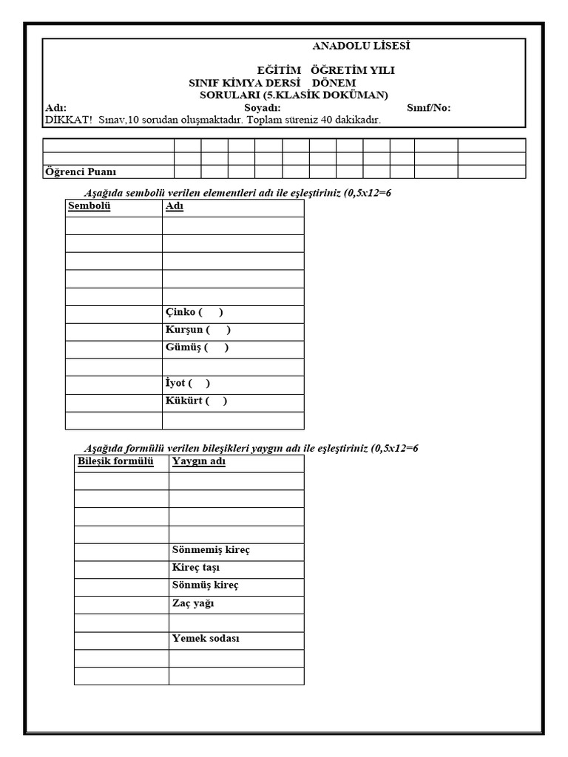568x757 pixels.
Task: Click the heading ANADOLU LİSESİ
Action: [361, 46]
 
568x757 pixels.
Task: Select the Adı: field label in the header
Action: [56, 108]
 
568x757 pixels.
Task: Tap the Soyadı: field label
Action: [263, 108]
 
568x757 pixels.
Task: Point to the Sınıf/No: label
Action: [429, 108]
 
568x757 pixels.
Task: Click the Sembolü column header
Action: [89, 206]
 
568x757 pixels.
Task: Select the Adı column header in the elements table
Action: [175, 206]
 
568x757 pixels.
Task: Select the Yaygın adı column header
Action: [199, 462]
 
